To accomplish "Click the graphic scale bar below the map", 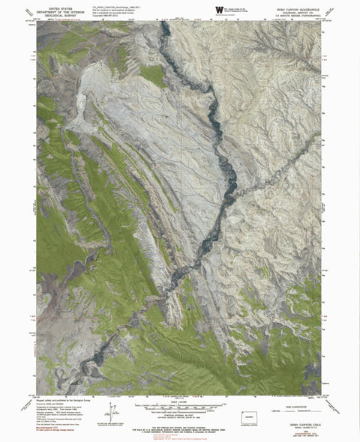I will coord(180,407).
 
